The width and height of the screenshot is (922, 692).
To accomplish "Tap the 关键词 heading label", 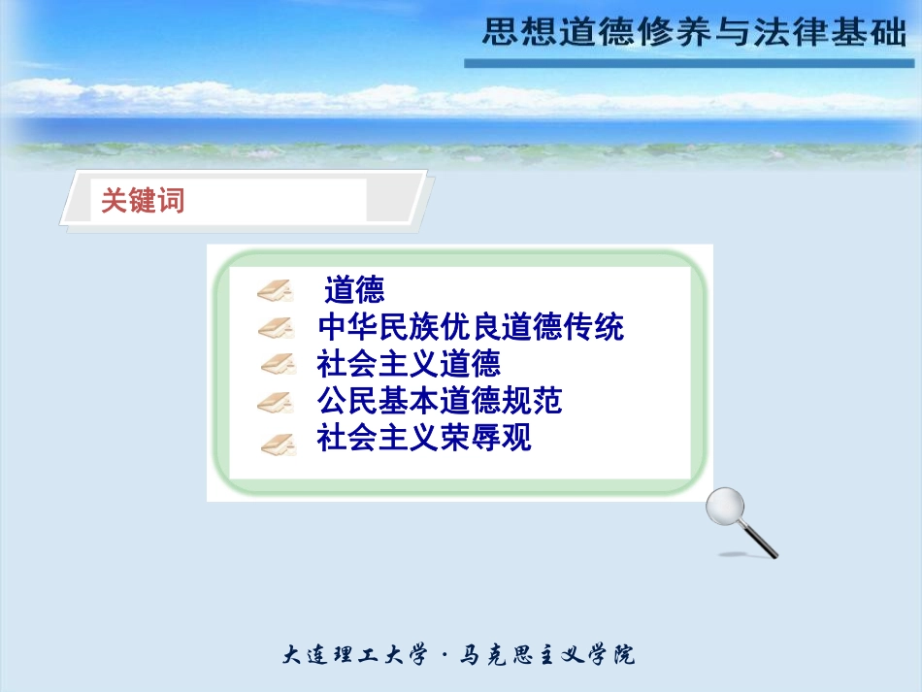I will click(144, 201).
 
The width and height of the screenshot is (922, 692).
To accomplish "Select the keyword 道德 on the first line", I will click(354, 289).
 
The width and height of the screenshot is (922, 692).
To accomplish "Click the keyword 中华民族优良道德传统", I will click(471, 326).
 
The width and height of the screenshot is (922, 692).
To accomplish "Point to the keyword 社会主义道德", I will click(409, 364).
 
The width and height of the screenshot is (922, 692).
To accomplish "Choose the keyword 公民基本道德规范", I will click(440, 401).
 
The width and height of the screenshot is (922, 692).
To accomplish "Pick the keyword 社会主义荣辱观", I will click(424, 439).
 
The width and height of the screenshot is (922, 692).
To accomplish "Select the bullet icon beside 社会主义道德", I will click(278, 364).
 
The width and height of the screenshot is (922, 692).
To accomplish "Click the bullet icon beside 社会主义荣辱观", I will click(278, 443).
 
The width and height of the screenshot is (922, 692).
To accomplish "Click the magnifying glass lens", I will click(724, 506).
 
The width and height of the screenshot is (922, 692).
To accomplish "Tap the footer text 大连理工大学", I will click(354, 655).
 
